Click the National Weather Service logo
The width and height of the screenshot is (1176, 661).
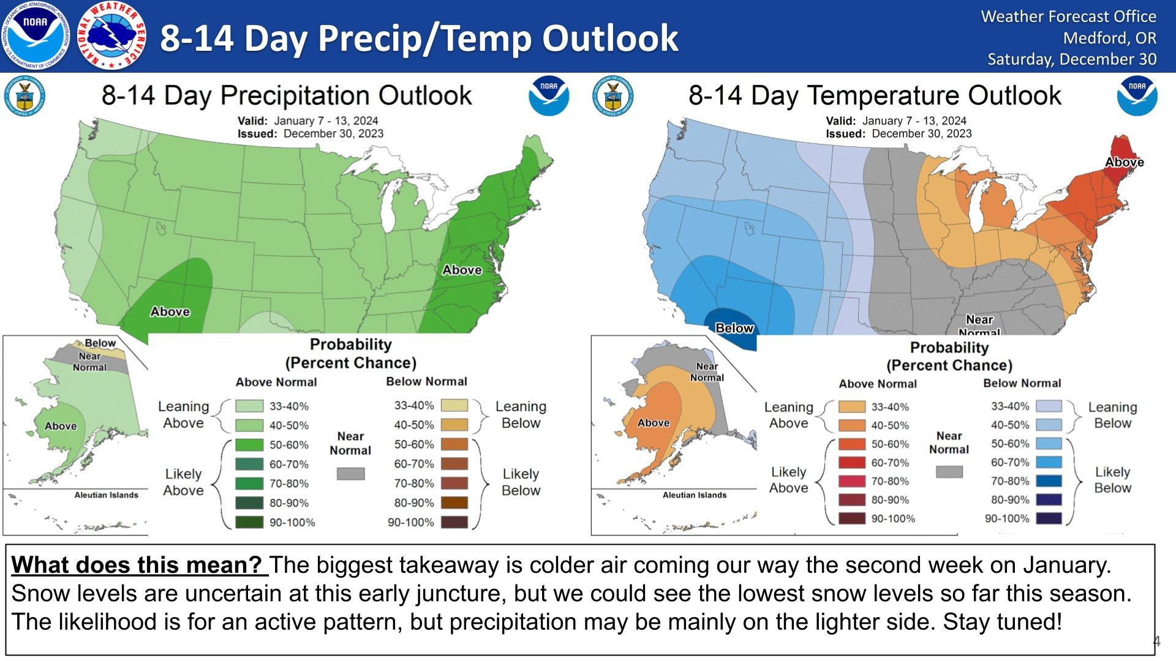(x=113, y=35)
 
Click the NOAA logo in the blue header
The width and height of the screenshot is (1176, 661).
(x=36, y=35)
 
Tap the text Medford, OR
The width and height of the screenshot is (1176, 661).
(x=1109, y=38)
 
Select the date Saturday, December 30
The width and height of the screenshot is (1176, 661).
(x=1071, y=59)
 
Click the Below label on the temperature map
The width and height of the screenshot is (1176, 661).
(x=734, y=328)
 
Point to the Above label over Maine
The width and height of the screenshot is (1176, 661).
(x=1124, y=162)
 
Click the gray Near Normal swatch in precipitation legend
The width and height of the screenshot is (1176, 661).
(x=350, y=474)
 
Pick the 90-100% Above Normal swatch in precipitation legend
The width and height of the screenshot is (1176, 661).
(x=249, y=522)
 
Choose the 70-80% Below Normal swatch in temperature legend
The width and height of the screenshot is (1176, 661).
(x=1048, y=481)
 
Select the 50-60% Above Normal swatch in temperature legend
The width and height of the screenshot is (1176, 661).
(x=851, y=444)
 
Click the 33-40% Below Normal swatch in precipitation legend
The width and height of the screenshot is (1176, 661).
(x=454, y=405)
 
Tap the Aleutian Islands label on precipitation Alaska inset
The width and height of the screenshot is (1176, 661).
(x=106, y=495)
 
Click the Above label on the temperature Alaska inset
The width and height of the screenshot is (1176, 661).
(x=654, y=423)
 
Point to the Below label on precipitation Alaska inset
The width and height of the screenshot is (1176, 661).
(x=100, y=343)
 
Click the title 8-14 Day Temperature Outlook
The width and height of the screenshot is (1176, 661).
(x=875, y=95)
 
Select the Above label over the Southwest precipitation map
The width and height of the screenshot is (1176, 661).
(x=170, y=312)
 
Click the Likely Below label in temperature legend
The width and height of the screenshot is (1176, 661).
(x=1112, y=480)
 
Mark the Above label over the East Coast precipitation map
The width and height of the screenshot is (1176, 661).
(x=462, y=270)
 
